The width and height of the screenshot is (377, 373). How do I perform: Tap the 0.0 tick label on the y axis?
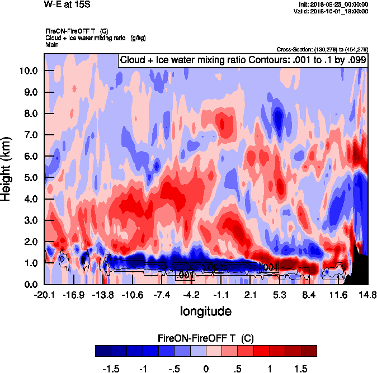(29, 285)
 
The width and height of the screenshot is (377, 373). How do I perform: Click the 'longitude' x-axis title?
(205, 310)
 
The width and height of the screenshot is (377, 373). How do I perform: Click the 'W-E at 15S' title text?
(67, 4)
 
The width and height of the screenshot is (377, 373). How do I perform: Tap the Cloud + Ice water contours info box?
(242, 60)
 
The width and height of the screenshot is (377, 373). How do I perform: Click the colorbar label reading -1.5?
(112, 369)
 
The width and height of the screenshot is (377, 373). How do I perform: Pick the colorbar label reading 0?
(206, 369)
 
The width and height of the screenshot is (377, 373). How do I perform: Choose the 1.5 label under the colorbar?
(300, 369)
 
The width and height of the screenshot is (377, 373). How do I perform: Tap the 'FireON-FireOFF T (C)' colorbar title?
(206, 338)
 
